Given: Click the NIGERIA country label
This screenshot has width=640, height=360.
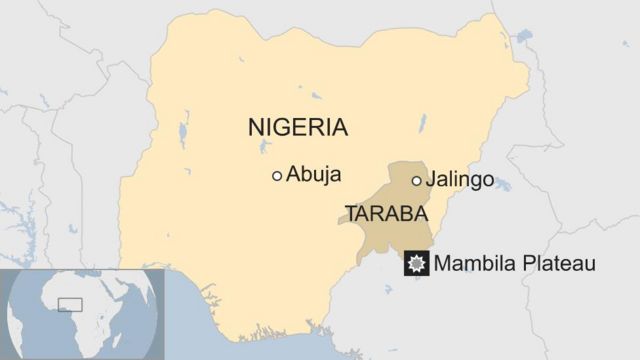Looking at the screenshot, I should [x=297, y=127].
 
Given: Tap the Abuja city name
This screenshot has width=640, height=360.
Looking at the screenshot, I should [x=313, y=175].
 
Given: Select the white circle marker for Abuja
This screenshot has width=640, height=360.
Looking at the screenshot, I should [x=277, y=176].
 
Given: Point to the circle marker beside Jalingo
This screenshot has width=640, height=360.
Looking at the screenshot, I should [x=417, y=181].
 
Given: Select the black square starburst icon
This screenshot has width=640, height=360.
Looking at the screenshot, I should [x=417, y=264].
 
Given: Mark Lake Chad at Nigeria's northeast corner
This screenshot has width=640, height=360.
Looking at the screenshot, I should [x=523, y=37].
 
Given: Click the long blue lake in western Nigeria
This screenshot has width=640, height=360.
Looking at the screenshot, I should [x=184, y=131].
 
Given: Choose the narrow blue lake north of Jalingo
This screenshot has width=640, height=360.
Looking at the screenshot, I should [x=423, y=124].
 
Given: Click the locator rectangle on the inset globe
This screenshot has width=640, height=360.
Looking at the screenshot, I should [x=70, y=304].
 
